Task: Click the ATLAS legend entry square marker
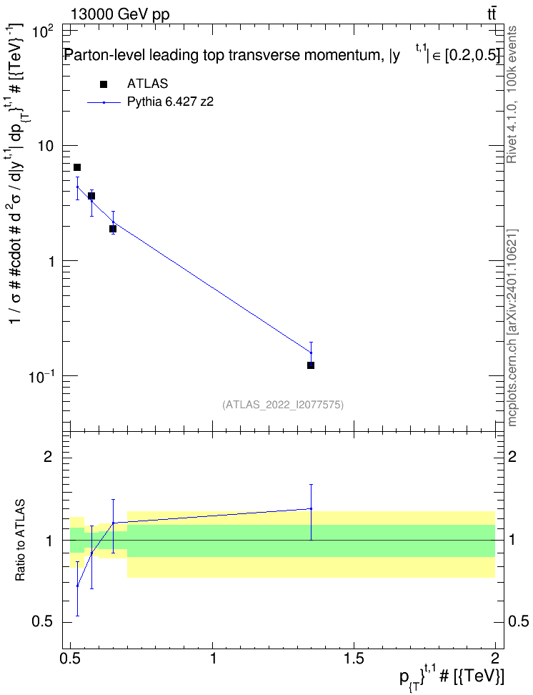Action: click(103, 84)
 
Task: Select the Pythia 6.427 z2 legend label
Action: click(170, 102)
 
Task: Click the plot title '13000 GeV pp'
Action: click(119, 14)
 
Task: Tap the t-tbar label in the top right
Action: click(492, 14)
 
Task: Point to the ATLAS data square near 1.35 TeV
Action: click(311, 365)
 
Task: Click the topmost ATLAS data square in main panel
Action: click(77, 167)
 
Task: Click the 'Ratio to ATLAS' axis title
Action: click(19, 541)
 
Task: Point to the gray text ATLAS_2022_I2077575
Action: click(283, 404)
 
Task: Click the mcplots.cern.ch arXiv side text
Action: click(512, 328)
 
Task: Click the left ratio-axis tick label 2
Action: click(48, 456)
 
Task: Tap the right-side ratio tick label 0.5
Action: click(519, 621)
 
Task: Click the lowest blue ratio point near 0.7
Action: click(78, 586)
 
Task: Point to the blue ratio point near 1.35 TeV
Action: click(311, 508)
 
